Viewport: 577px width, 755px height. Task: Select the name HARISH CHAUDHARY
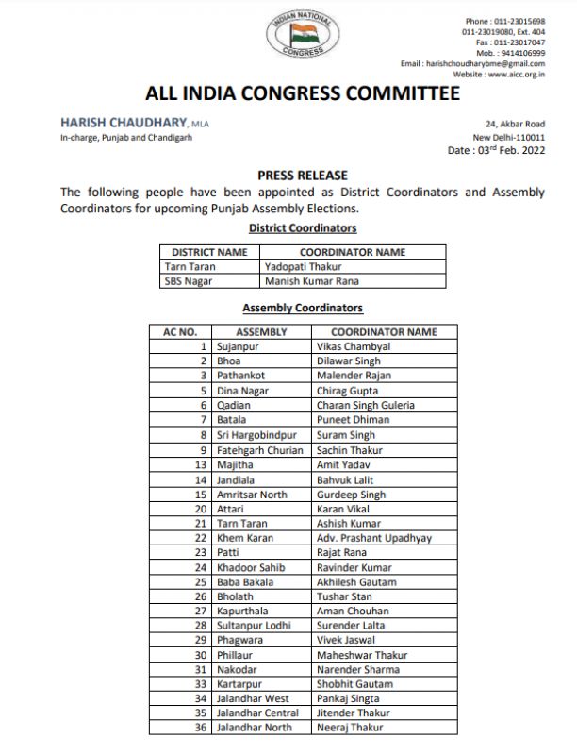pos(123,123)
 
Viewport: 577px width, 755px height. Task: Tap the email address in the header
pos(486,63)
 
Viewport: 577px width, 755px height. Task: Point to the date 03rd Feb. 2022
pos(496,150)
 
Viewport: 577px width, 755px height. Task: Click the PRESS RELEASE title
pos(303,176)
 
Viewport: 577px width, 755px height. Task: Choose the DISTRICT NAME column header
pos(209,252)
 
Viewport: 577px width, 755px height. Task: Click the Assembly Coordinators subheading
pos(303,308)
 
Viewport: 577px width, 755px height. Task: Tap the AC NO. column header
pos(180,332)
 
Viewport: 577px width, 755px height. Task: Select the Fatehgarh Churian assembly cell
pos(260,450)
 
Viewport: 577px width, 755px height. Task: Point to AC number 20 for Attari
pos(200,509)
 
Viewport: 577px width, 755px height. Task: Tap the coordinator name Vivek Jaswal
pos(347,640)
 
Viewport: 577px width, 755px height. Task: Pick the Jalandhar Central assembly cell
pos(257,713)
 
